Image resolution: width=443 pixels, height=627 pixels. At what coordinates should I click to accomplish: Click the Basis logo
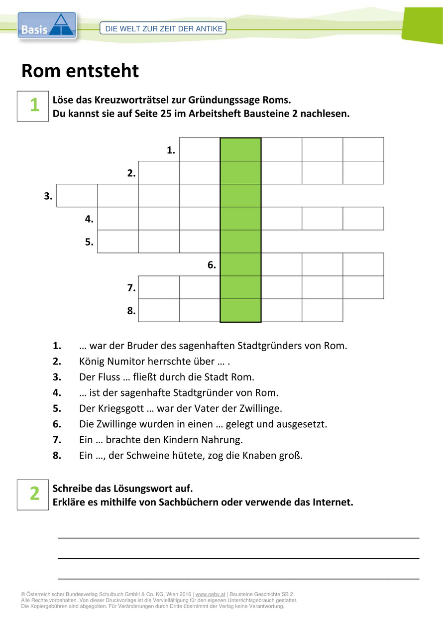pos(47,26)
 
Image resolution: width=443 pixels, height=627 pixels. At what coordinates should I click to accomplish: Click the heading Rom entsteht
pos(80,71)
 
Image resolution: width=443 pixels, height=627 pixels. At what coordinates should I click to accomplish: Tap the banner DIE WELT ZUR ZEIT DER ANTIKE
pos(164,29)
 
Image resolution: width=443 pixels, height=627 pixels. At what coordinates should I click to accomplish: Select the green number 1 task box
pos(33,106)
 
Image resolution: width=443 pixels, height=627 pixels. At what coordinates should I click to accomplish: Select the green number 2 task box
pos(33,494)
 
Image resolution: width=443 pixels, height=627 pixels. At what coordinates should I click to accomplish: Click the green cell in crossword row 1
pos(240,149)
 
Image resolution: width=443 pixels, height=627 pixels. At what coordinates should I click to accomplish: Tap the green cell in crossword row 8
pos(240,310)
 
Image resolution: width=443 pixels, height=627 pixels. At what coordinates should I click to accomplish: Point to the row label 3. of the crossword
pos(48,196)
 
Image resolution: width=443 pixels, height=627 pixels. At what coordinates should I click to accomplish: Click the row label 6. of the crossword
pos(212,265)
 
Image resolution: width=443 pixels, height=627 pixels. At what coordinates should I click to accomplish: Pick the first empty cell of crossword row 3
pos(77,196)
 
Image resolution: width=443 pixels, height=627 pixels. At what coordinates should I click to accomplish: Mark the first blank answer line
pos(239,537)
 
